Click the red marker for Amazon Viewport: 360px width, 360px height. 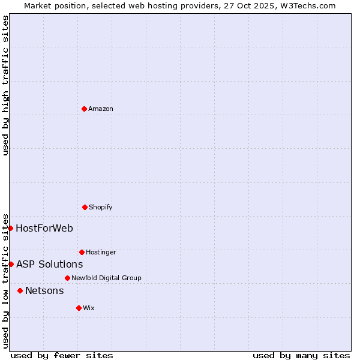click(84, 109)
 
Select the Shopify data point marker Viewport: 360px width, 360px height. click(85, 207)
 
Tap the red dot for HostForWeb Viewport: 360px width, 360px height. click(10, 228)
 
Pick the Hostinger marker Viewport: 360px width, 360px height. click(82, 252)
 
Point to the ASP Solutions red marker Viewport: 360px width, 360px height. click(11, 264)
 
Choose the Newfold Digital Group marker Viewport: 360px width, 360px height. click(67, 278)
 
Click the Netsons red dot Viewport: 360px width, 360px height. click(20, 290)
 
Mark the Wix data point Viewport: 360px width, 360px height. click(79, 308)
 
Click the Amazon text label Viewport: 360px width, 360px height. click(101, 109)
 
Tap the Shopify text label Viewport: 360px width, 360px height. click(101, 208)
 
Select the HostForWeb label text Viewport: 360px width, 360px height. click(44, 228)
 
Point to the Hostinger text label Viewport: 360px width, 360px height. click(101, 253)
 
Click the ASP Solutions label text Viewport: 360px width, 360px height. click(49, 265)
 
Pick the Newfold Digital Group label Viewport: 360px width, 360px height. click(106, 278)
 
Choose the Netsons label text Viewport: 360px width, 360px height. click(44, 291)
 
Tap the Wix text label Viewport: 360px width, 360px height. click(89, 308)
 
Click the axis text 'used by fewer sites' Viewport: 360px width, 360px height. click(62, 356)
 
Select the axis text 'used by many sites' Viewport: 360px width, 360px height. click(301, 356)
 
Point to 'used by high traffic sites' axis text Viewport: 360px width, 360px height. click(5, 85)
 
